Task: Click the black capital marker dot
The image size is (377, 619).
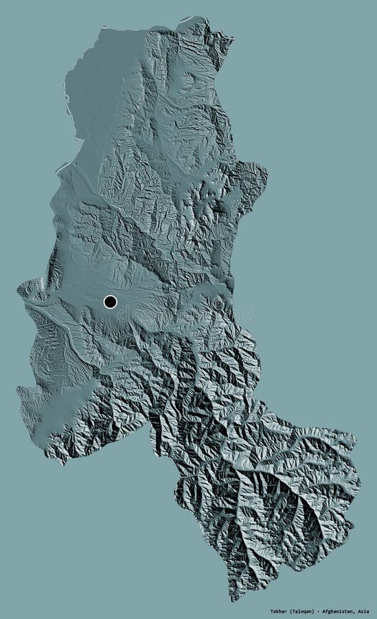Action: [x=110, y=301]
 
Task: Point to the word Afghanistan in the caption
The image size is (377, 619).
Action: [x=341, y=610]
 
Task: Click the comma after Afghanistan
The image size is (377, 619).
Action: [x=357, y=611]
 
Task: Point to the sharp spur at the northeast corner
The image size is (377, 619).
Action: [x=231, y=41]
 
